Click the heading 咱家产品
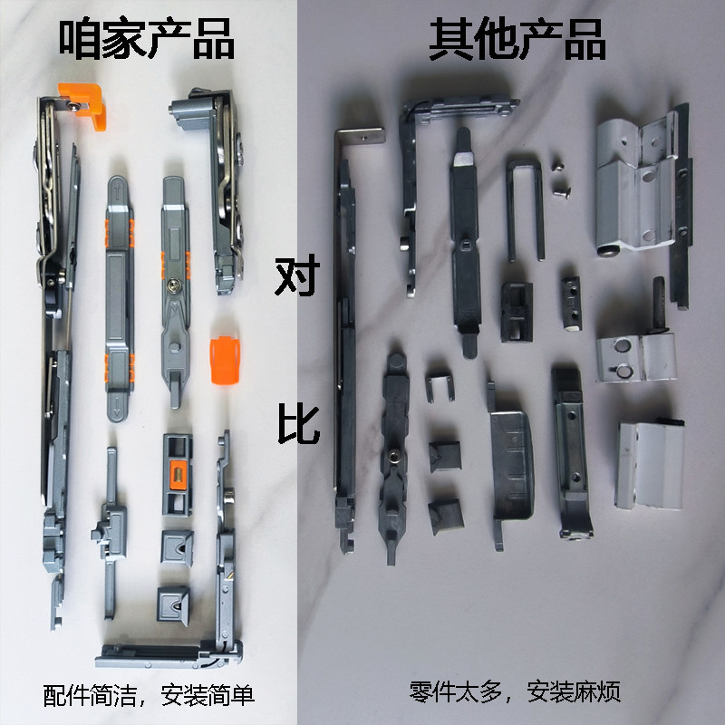146,41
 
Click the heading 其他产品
517,41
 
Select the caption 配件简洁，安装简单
149,696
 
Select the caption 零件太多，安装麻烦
514,694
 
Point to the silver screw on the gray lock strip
174,286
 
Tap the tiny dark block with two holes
571,299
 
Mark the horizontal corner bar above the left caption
168,651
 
